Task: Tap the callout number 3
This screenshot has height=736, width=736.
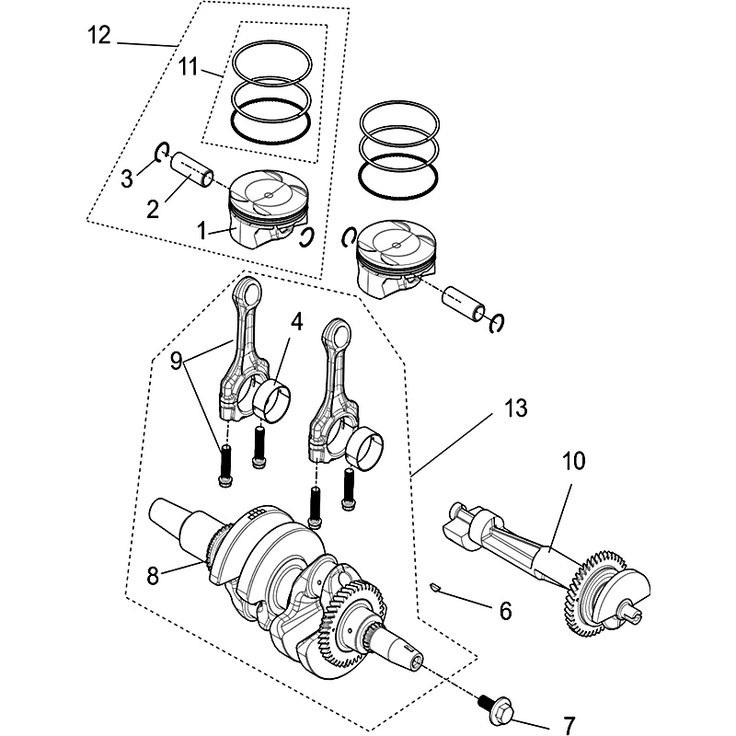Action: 129,177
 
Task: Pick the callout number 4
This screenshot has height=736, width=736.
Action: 296,321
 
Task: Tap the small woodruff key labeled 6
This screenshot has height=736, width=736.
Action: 437,584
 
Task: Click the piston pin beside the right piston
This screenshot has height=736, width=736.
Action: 463,304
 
